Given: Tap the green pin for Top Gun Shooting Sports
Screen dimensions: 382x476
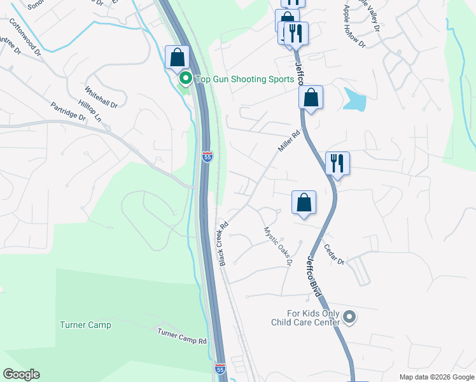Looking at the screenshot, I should pos(186,79).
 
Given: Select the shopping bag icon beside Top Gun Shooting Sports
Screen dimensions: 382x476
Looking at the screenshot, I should pos(177,57).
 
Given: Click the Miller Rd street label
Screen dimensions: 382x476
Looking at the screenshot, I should pos(288,141).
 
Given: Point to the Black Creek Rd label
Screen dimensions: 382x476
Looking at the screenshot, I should pos(223,244).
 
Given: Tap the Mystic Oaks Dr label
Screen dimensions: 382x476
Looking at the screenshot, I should pos(278,246).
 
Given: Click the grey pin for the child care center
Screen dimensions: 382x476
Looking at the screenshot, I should pos(349,316).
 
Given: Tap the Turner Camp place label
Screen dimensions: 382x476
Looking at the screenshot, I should pos(85,325).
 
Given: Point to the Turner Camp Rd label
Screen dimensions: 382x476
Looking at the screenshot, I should pos(183,336).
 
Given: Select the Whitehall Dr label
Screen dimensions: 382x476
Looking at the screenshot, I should pos(101,97).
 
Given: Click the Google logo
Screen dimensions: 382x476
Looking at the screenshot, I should pos(22,374).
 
